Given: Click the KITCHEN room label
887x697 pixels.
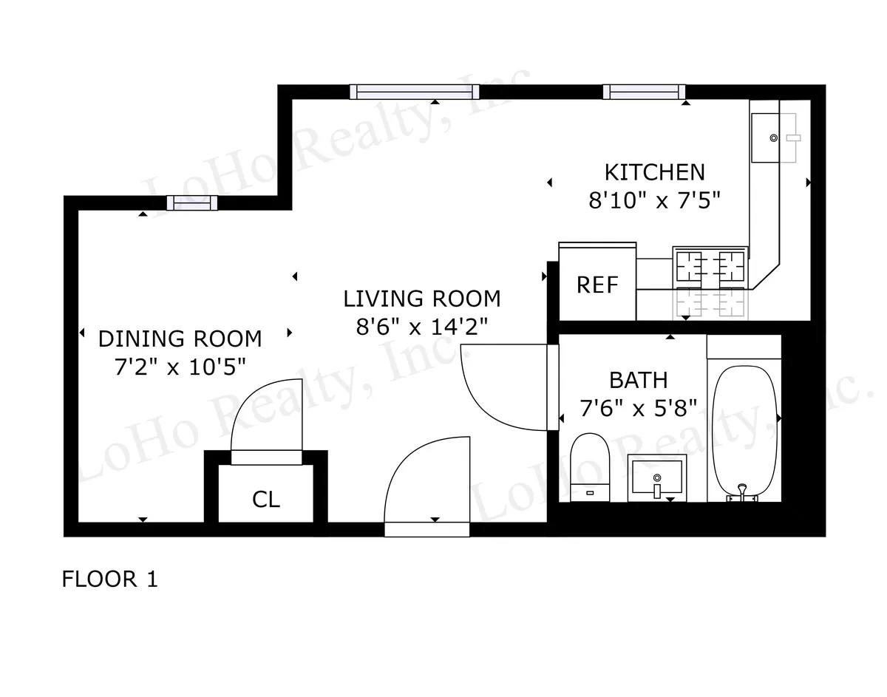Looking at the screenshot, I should point(654,172).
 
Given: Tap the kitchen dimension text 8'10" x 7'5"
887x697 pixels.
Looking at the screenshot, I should point(654,201).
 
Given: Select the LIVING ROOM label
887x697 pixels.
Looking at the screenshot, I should point(422,299).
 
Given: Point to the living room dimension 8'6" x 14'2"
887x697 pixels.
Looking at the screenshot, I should point(422,327).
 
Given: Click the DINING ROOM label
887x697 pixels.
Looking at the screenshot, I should point(180,339).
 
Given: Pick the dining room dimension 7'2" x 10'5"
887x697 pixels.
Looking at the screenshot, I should point(180,367).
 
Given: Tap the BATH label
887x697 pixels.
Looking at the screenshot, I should point(638,380).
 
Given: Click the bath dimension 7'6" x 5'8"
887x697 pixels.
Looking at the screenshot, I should point(638,408).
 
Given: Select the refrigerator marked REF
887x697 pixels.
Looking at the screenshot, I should point(597,285).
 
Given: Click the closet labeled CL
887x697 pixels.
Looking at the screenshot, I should point(266,500).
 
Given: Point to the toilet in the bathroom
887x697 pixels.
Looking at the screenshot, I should point(590,466).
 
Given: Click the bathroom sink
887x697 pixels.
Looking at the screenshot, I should point(656,477).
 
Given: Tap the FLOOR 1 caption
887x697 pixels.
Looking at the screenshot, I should point(109,579).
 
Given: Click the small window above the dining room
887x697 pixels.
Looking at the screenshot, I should point(191,203).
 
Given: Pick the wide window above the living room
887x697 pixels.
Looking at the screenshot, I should point(414,92).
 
